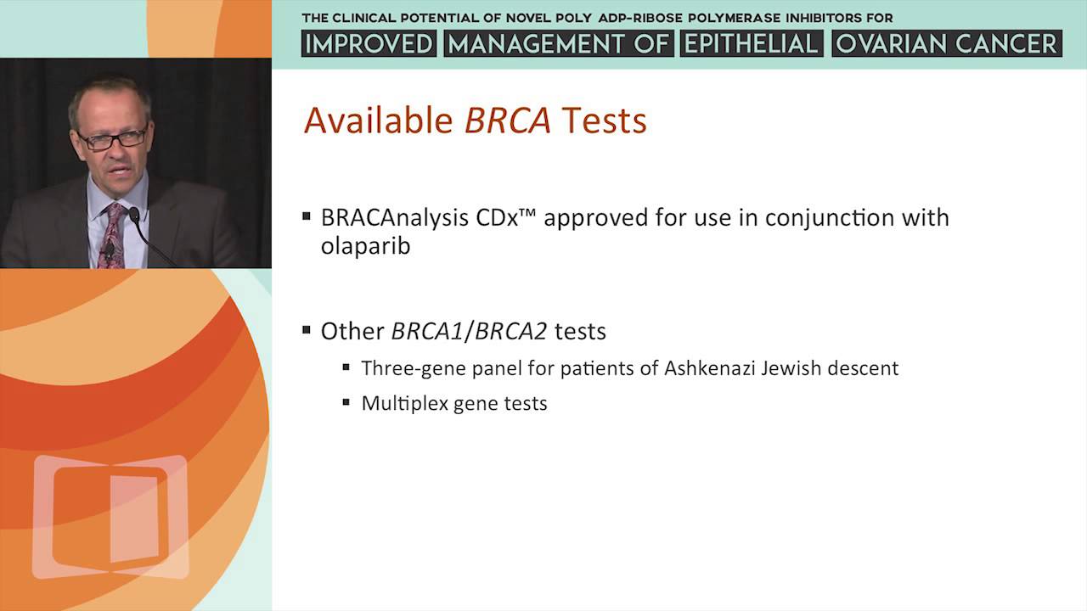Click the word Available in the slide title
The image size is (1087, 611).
pyautogui.click(x=379, y=121)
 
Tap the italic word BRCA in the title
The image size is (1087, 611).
pyautogui.click(x=508, y=121)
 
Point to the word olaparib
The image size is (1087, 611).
pyautogui.click(x=365, y=247)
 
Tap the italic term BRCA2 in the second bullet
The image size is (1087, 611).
pyautogui.click(x=510, y=331)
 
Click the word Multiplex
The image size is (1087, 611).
pyautogui.click(x=404, y=403)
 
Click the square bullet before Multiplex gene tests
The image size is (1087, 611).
pyautogui.click(x=346, y=401)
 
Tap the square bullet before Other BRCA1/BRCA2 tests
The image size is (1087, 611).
pyautogui.click(x=307, y=329)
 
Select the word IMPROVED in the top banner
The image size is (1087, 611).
pyautogui.click(x=369, y=44)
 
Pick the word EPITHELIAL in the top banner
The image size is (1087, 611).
pyautogui.click(x=752, y=44)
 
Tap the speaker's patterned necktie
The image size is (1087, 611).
pyautogui.click(x=110, y=233)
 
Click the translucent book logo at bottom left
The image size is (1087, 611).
pyautogui.click(x=110, y=516)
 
